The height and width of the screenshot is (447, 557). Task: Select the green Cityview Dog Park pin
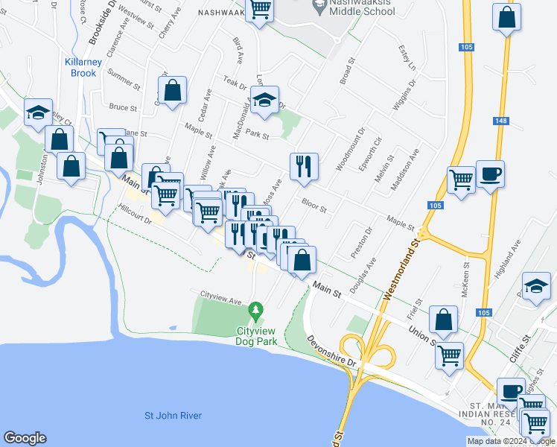point(256,308)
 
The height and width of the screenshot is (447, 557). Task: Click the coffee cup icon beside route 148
point(490,174)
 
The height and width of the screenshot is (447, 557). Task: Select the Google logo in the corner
point(25,438)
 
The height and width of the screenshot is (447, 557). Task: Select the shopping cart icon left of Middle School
point(260,10)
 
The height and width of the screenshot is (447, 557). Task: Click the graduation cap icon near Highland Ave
point(536,287)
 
